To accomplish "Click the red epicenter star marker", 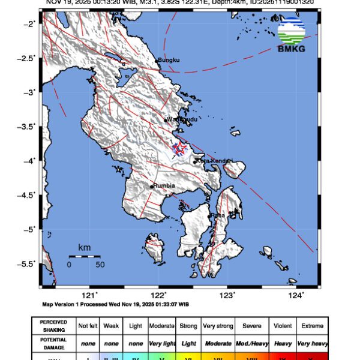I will pyautogui.click(x=179, y=148).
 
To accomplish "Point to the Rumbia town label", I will pyautogui.click(x=164, y=186).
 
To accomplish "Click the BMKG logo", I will pyautogui.click(x=291, y=35).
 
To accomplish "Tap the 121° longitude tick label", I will pyautogui.click(x=90, y=295).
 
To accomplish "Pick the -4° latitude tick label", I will pyautogui.click(x=31, y=161).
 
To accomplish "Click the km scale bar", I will pyautogui.click(x=84, y=256).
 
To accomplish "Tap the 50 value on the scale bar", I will pyautogui.click(x=100, y=264).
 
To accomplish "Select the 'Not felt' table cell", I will pyautogui.click(x=89, y=326).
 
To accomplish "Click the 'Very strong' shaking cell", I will pyautogui.click(x=218, y=326).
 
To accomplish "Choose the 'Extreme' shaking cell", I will pyautogui.click(x=311, y=326).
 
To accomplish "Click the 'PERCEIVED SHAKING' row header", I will pyautogui.click(x=54, y=326).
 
